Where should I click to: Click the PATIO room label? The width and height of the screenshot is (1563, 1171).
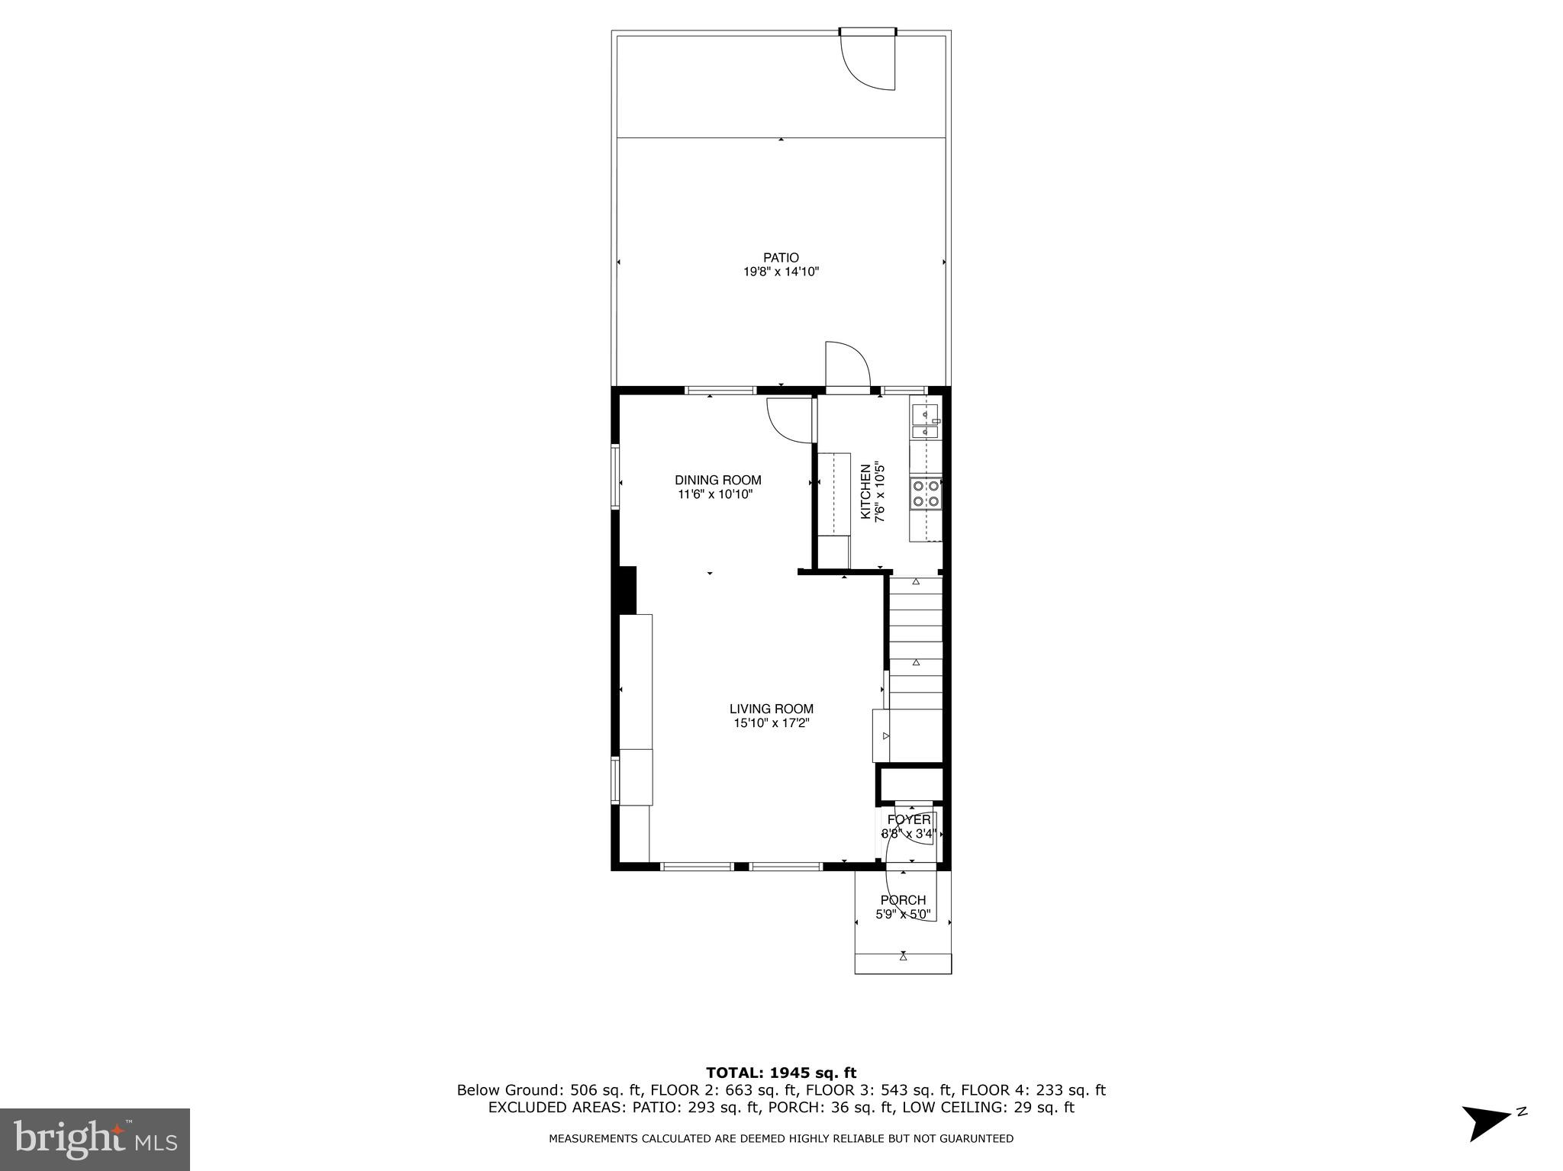[781, 258]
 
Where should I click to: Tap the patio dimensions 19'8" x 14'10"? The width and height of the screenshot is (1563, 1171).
[781, 272]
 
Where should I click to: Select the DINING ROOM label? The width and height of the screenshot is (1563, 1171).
[717, 480]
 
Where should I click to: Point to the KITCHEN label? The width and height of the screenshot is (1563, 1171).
[865, 492]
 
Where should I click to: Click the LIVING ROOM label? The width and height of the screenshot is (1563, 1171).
[771, 709]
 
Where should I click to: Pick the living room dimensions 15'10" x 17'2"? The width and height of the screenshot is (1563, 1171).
[771, 723]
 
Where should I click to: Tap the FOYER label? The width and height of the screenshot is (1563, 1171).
[908, 819]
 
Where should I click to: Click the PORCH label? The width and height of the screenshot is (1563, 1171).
[903, 900]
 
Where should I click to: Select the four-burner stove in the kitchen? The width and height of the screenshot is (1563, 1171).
[926, 493]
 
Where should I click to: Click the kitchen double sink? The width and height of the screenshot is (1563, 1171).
[926, 422]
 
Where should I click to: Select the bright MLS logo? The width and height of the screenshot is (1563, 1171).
[95, 1140]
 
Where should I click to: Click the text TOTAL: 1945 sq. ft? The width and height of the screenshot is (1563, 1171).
[781, 1073]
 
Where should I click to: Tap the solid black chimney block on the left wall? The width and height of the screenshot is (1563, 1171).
[627, 590]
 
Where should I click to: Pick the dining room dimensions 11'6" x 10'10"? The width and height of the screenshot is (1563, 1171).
[716, 494]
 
